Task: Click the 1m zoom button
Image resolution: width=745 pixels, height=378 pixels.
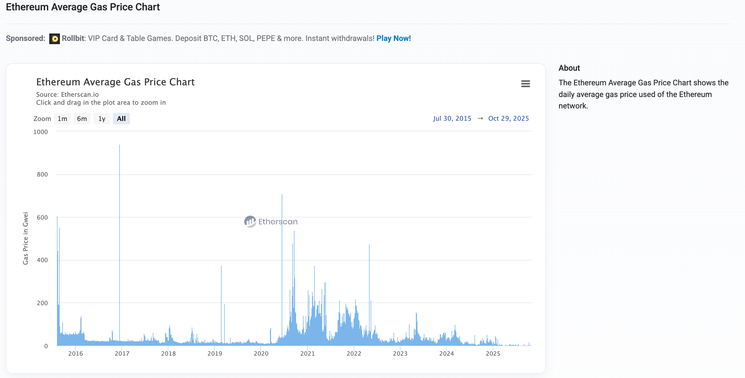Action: [62, 119]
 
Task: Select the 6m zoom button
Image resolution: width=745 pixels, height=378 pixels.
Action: [82, 119]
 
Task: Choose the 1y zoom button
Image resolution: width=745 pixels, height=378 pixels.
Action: [101, 119]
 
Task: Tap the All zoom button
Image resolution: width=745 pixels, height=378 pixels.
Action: [121, 119]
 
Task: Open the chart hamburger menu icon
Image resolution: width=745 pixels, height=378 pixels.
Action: [525, 84]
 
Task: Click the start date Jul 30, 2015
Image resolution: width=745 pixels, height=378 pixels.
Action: [452, 118]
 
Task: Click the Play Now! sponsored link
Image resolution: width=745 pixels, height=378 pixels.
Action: [393, 38]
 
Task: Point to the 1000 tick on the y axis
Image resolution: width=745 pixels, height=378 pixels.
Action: [40, 132]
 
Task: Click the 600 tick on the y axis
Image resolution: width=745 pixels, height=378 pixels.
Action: [42, 217]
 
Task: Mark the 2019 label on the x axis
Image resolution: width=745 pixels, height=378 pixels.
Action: [215, 354]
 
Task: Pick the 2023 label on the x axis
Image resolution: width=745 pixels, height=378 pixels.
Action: [400, 354]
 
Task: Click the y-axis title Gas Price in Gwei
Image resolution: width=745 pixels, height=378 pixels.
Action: [26, 238]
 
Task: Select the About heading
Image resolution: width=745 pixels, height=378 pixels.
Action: [569, 68]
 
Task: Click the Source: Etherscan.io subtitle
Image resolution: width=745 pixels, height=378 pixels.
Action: [67, 94]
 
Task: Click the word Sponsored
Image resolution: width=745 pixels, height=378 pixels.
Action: [26, 38]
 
